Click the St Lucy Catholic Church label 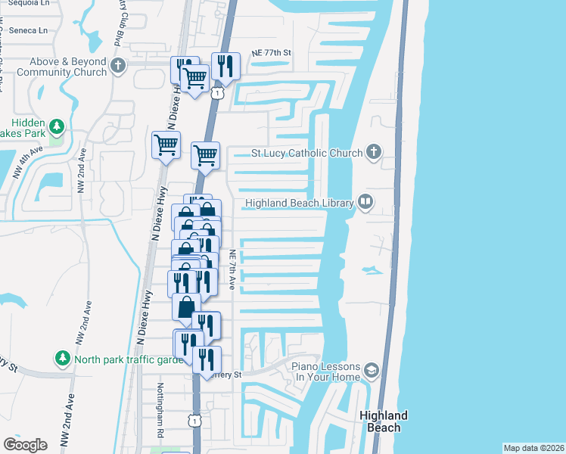coord(306,154)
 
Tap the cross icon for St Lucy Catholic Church coord(372,153)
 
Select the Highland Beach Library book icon coord(365,201)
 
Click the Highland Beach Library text coord(300,203)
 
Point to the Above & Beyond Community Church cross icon coord(117,65)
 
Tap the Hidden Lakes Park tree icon coord(57,125)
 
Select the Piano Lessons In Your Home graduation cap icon coord(370,370)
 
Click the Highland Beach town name coord(384,421)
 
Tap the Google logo coord(25,444)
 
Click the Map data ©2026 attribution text coord(533,448)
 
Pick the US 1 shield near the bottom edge coord(195,421)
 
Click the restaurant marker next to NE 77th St coord(225,66)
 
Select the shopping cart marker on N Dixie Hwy coord(166,145)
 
